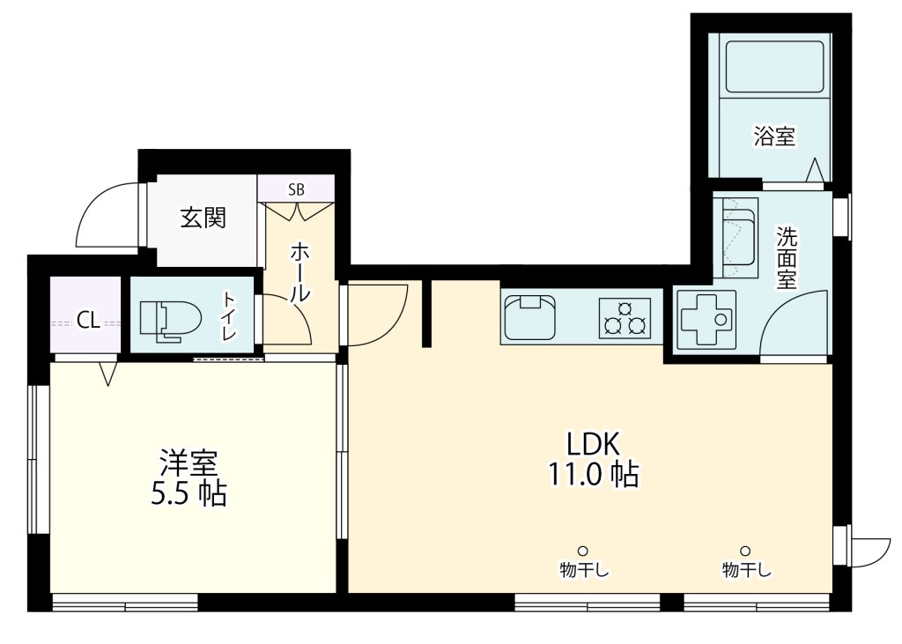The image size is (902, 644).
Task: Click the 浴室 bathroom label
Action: [x=774, y=137]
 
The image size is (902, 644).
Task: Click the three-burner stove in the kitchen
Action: [x=625, y=318]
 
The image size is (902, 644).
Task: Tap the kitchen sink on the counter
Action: [x=529, y=317]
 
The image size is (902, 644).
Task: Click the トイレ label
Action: [x=230, y=315]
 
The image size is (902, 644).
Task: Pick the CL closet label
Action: [x=89, y=321]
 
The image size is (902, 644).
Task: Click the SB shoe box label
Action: [x=296, y=189]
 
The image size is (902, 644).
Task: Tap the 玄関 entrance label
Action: [x=203, y=218]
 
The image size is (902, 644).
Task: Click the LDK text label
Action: [x=593, y=444]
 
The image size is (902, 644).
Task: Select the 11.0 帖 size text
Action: [x=593, y=476]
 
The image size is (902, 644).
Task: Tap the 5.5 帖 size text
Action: [x=189, y=493]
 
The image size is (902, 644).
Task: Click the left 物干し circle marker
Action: [x=583, y=550]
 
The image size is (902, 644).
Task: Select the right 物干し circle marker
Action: [x=745, y=550]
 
